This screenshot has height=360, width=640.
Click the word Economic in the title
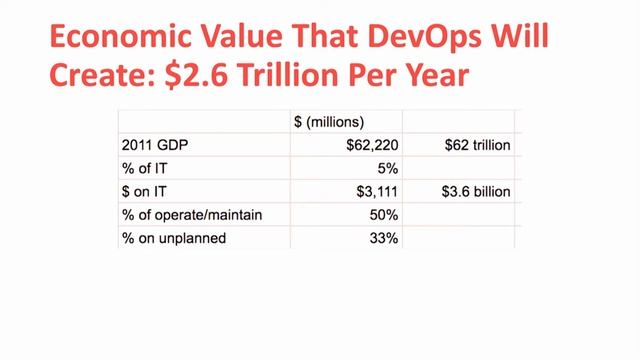[120, 36]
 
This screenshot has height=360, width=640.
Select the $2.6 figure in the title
[196, 75]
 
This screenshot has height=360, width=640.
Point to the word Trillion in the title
[288, 75]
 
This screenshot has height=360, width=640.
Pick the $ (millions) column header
[329, 122]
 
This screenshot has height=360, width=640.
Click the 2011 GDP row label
[155, 145]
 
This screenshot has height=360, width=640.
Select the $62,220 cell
[372, 145]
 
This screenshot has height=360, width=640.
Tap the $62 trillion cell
[478, 145]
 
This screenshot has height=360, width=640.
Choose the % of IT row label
[144, 168]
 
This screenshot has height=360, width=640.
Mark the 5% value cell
[388, 168]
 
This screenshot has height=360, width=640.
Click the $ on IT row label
[144, 191]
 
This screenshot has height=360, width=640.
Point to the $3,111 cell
[377, 191]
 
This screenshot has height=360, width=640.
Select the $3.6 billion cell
[476, 191]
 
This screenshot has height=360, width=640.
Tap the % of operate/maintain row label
[192, 215]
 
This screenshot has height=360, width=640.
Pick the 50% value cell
[384, 215]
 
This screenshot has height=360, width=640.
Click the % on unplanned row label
[174, 238]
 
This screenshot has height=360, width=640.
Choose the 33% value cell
[384, 238]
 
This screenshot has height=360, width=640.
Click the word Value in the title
[241, 36]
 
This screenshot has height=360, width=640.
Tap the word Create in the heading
[102, 75]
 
